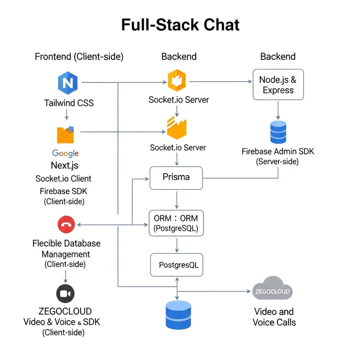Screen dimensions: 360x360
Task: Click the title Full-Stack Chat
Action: pos(180,25)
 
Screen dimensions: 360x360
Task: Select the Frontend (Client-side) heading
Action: pos(79,57)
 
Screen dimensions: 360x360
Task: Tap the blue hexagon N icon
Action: pos(67,83)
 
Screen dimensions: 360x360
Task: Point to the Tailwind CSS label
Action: pos(69,103)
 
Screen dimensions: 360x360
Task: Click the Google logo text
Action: pos(65,153)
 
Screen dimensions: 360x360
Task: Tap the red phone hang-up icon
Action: pos(66,225)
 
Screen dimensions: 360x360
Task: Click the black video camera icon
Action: pos(65,294)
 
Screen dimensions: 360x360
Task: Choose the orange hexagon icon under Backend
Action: pos(176,81)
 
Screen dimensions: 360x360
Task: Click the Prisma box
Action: pos(176,177)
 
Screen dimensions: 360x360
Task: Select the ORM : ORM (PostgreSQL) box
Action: pos(176,223)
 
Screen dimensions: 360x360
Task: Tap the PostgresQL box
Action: pos(176,265)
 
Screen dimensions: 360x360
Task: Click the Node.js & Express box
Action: pos(278,85)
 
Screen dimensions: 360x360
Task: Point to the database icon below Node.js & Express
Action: pos(278,132)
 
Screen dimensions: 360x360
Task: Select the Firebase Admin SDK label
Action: pos(278,152)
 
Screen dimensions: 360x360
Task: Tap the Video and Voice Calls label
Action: pos(274,317)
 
